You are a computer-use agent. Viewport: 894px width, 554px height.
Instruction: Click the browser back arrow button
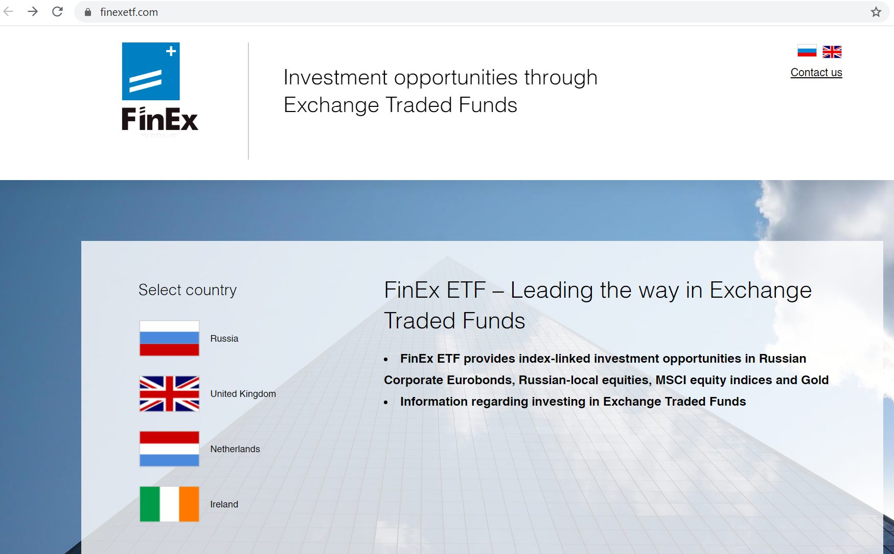click(8, 12)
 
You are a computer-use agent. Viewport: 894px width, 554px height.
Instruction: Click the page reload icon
click(57, 12)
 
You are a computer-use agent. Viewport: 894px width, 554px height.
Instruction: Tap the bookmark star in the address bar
click(876, 12)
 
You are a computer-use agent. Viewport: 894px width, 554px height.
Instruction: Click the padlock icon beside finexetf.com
click(88, 12)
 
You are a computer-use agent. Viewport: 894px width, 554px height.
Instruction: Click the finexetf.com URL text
click(129, 12)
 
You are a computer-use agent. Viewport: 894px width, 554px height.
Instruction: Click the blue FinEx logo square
click(151, 72)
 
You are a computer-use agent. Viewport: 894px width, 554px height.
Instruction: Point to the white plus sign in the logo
click(171, 51)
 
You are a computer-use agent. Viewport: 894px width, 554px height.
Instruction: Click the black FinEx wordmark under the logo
click(159, 119)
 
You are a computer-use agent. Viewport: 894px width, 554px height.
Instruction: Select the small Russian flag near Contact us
click(807, 52)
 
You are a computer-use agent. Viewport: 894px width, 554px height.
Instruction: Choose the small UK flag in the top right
click(832, 52)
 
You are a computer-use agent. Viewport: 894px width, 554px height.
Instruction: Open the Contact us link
click(816, 73)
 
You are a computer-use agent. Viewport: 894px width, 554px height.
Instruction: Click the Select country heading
click(188, 290)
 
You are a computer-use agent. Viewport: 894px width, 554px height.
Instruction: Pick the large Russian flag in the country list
click(169, 338)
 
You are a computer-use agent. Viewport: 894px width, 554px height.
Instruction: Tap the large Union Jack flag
click(169, 393)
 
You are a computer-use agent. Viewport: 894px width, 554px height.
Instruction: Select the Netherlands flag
click(169, 449)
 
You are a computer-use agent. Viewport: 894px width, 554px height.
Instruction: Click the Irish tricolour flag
click(169, 504)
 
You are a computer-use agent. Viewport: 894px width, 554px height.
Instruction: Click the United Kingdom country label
click(243, 394)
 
